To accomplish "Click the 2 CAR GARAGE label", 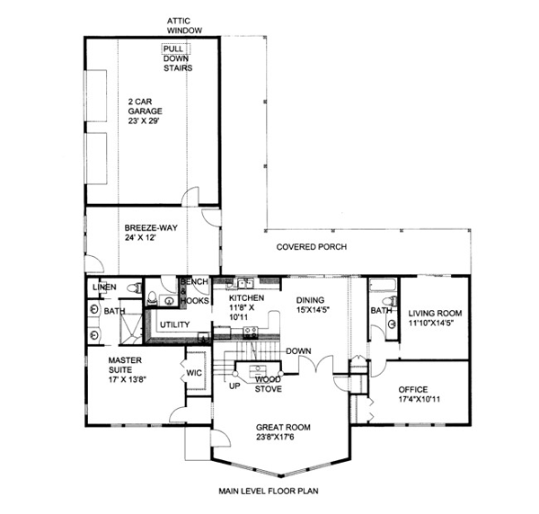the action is (145, 106).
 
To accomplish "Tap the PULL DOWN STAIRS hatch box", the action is (176, 49).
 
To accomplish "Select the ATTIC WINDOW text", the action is (184, 26).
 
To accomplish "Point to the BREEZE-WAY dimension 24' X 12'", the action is (140, 237).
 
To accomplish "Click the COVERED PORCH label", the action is (312, 247).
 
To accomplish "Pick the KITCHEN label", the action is (246, 297).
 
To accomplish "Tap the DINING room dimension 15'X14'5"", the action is (313, 309).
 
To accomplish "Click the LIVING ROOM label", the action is (435, 314).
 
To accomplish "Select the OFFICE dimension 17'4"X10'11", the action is (419, 399).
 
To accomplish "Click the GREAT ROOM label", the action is (283, 428).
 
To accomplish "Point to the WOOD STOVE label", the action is (268, 385).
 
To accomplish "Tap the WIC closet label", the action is (194, 373).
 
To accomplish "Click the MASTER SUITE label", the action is (125, 365).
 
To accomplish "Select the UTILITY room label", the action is (174, 324).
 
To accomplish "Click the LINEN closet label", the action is (104, 287).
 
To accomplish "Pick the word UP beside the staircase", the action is (234, 386).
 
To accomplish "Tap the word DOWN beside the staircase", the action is (298, 351).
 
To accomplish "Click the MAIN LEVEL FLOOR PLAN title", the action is (269, 491).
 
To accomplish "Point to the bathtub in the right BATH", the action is (383, 285).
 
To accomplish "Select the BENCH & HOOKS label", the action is (195, 291).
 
